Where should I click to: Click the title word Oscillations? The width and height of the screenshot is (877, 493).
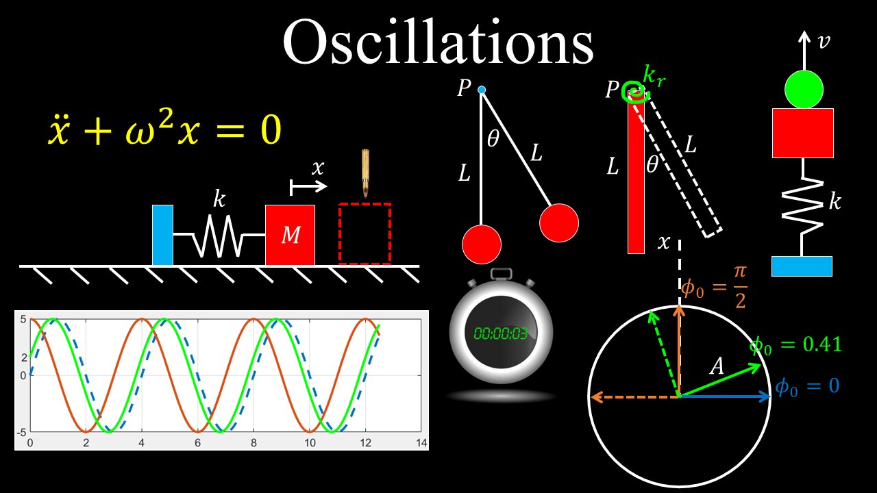pos(438,42)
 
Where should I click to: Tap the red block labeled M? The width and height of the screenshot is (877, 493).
pos(291,235)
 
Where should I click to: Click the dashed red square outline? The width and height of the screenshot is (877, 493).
pos(365,233)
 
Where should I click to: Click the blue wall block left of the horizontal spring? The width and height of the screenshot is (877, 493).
pos(162,235)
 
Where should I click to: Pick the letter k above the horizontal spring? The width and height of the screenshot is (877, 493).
pos(219,199)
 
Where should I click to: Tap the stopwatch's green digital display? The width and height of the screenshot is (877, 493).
pos(501,333)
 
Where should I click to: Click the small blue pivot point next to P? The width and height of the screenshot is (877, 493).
pos(482,90)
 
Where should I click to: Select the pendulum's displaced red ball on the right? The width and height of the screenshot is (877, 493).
pos(559,223)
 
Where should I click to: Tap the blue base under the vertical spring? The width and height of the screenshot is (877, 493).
pos(802,266)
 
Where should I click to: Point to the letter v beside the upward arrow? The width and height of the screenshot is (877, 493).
pos(824,42)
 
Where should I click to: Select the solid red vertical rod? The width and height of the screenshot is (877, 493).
pos(636,178)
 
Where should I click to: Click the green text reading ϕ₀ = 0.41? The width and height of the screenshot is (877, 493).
pos(795,344)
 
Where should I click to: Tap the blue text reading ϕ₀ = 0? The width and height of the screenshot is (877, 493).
pos(807,386)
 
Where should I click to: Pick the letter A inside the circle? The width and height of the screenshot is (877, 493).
pos(717,366)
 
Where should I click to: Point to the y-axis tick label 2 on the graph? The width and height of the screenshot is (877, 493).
pos(23,357)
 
